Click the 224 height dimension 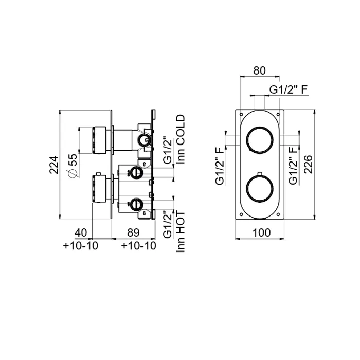click(x=54, y=165)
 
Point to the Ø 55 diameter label click(x=72, y=166)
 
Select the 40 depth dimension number click(x=81, y=232)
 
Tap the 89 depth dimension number click(x=133, y=232)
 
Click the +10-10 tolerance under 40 click(x=81, y=246)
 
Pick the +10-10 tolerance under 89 click(x=139, y=246)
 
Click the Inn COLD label click(x=181, y=139)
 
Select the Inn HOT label click(x=181, y=232)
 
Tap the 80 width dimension click(x=259, y=70)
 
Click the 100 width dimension click(x=261, y=233)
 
